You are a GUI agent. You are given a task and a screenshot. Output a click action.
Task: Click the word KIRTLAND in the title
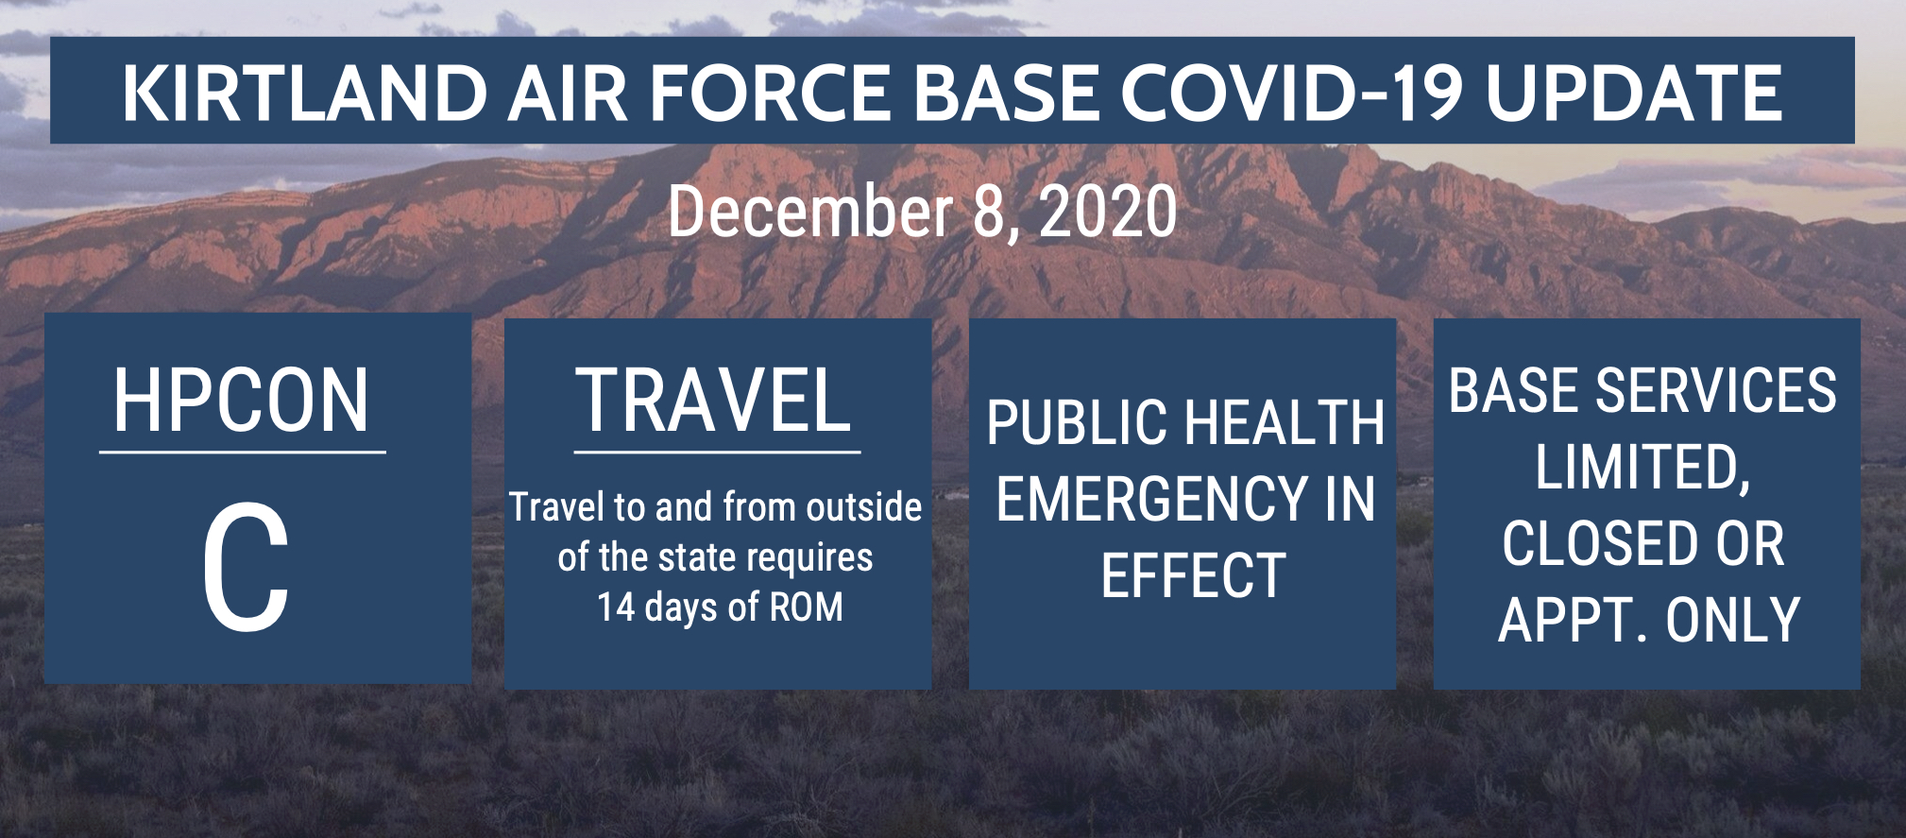[x=304, y=93]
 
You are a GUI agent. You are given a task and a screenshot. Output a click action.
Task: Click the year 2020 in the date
[x=1107, y=212]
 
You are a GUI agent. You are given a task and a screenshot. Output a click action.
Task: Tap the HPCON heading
[x=241, y=401]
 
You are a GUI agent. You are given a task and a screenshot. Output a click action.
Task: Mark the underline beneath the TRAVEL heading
[x=717, y=452]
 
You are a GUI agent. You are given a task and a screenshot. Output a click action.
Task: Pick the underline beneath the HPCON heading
[x=243, y=452]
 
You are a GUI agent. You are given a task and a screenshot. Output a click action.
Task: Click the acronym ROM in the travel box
[x=806, y=607]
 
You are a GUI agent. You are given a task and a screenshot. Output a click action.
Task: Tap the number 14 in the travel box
[x=616, y=607]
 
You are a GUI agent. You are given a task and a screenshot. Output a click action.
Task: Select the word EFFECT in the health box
[x=1193, y=575]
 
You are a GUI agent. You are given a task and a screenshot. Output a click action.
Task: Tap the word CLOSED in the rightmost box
[x=1587, y=543]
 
